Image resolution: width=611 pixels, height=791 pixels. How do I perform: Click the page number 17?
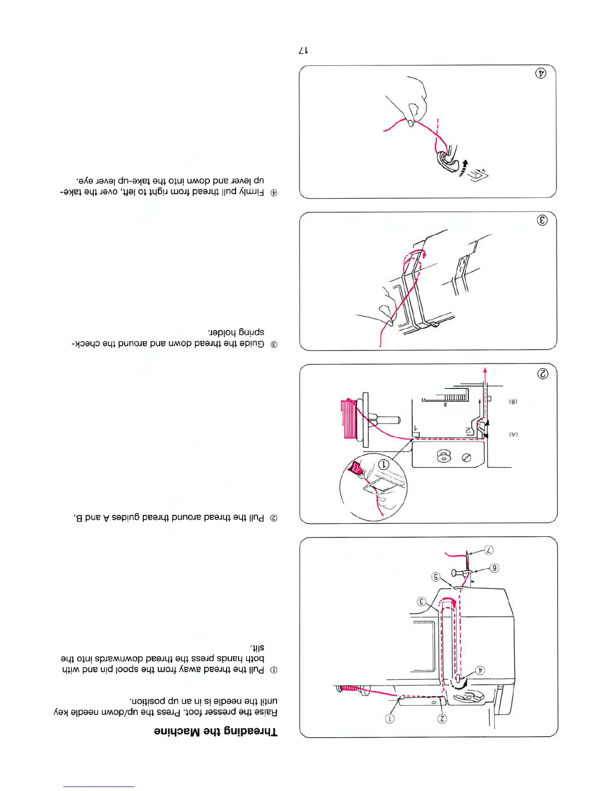[303, 50]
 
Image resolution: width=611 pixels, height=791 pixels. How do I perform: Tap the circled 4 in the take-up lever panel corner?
[541, 73]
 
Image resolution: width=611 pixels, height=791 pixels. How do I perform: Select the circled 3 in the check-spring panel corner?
[542, 220]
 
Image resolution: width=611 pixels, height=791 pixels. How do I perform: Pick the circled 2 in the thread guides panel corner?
[542, 374]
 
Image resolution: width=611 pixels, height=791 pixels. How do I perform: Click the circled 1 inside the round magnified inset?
[384, 464]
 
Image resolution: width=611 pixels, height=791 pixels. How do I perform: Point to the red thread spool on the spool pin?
[348, 418]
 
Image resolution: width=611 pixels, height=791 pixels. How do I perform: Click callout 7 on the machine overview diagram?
[489, 550]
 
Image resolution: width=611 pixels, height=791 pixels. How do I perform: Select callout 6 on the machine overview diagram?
[494, 568]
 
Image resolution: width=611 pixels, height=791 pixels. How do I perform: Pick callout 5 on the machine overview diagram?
[436, 577]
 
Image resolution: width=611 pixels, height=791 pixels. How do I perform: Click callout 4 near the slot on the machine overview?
[480, 670]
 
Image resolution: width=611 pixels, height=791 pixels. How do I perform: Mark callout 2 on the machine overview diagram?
[442, 719]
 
